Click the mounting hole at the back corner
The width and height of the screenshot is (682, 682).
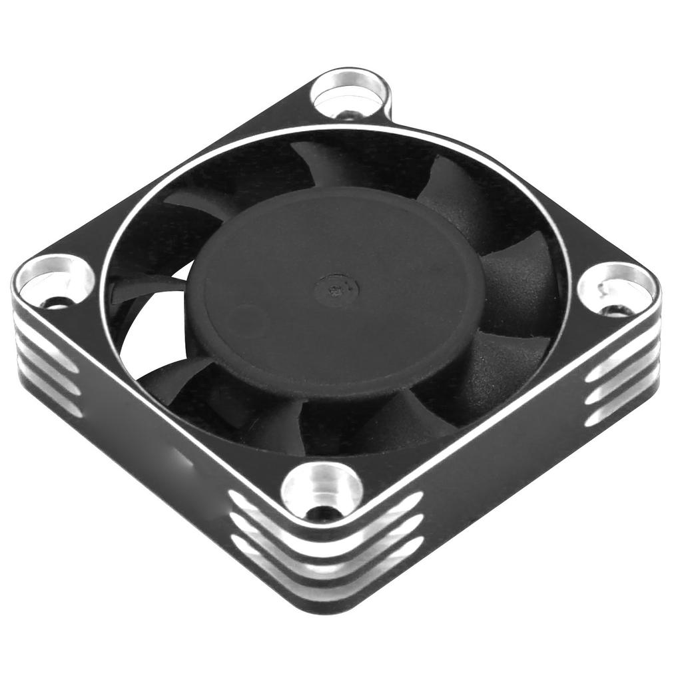click(x=351, y=94)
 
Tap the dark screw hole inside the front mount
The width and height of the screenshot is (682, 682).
click(x=322, y=512)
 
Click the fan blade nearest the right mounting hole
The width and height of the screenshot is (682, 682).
click(x=519, y=286)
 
